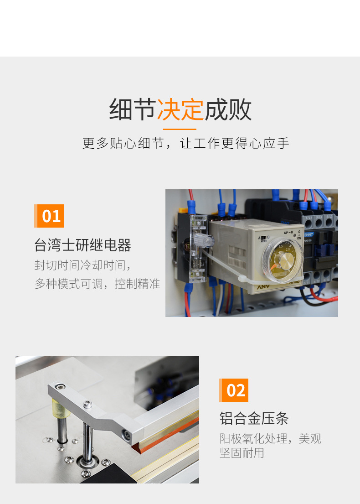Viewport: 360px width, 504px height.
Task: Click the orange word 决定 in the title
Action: pos(180,109)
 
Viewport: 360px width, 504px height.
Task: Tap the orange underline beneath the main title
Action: pos(180,129)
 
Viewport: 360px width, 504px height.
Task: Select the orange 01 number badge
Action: pos(49,216)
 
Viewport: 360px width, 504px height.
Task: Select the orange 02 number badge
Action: pos(233,390)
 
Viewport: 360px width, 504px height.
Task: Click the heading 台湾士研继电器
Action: pos(82,245)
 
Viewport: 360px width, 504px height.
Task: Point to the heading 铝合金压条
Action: pos(254,418)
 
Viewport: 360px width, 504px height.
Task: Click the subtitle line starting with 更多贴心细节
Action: pos(185,143)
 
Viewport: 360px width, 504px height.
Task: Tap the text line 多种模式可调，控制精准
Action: pos(98,284)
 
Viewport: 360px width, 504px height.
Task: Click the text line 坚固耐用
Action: pos(242,453)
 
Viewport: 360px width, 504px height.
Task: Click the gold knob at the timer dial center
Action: pos(285,258)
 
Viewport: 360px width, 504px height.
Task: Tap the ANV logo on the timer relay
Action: pos(263,286)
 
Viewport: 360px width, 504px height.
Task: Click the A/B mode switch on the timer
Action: pos(264,238)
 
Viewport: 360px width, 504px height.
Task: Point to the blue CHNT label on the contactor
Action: pos(309,234)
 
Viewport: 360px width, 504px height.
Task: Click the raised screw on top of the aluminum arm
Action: pos(87,405)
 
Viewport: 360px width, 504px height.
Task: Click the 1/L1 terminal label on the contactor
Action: pos(309,218)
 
